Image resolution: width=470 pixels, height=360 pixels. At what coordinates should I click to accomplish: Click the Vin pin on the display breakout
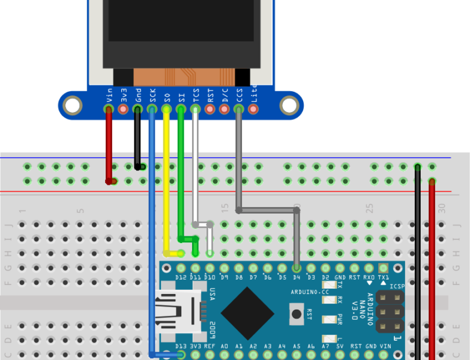pos(109,109)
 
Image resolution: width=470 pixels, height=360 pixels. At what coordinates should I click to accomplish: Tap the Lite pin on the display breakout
pos(253,109)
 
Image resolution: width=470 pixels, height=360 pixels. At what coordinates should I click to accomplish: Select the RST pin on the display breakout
pos(210,109)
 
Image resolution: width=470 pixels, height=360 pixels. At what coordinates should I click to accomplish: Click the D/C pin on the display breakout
pos(224,109)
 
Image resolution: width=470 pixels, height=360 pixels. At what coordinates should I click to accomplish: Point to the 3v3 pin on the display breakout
pos(123,109)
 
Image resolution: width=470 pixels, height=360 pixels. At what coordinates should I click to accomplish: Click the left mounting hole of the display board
pos(73,106)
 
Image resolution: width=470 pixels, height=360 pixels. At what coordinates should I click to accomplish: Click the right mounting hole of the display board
pos(289,106)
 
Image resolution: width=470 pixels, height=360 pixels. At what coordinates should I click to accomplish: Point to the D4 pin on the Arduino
pos(297,268)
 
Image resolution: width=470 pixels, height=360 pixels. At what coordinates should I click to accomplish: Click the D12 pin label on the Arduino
pos(181,277)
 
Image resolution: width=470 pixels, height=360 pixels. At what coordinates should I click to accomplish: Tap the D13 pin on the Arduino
pos(181,355)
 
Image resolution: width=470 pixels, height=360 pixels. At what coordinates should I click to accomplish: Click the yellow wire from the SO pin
pos(166,180)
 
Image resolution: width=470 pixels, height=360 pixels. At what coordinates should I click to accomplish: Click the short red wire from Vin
pos(109,144)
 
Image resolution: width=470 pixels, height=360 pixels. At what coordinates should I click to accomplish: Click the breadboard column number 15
pos(225,208)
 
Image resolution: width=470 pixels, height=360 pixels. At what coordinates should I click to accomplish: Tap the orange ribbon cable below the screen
pos(182,77)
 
